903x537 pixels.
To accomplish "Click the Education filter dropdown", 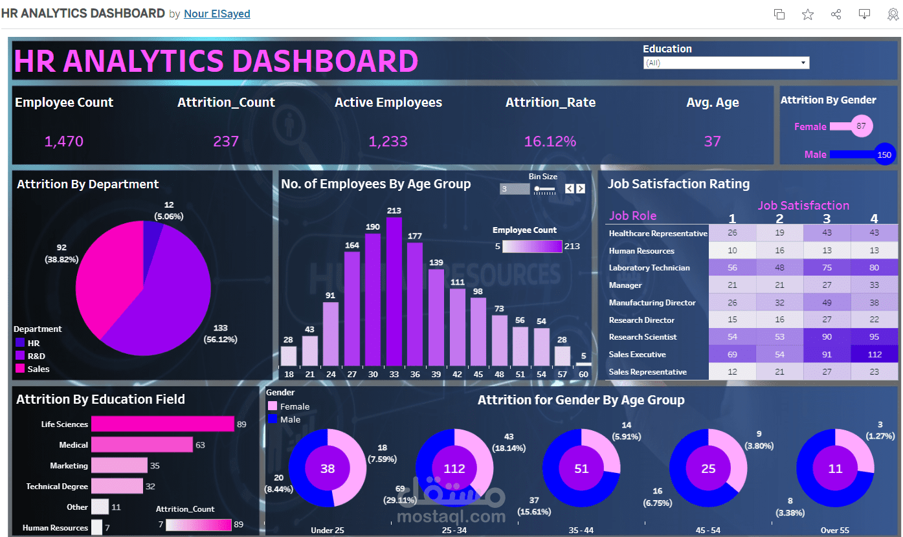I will click(x=726, y=63).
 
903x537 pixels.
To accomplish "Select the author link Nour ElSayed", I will click(x=217, y=14).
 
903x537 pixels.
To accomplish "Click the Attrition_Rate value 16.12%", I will click(x=550, y=141).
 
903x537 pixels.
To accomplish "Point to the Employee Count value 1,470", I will click(x=63, y=141).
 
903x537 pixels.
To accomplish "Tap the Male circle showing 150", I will click(x=884, y=155).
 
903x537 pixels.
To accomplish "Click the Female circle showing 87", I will click(x=861, y=126).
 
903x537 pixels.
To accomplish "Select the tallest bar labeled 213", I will click(x=394, y=291).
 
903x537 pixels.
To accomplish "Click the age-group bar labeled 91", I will click(x=330, y=334).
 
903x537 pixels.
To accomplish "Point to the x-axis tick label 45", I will click(x=478, y=374).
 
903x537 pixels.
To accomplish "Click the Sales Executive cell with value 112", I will click(x=875, y=355).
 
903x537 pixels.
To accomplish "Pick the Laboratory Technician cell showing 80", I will click(x=875, y=268).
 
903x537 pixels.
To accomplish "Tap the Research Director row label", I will click(x=641, y=320).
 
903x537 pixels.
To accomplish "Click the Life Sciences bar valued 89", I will click(x=162, y=424).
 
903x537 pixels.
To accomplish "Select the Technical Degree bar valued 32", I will click(x=117, y=486).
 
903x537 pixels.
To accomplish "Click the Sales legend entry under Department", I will click(x=38, y=369).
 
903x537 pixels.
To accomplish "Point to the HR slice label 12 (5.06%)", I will click(x=168, y=210).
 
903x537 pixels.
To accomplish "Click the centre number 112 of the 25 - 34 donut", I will click(x=454, y=468).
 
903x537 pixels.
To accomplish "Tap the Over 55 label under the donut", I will click(x=834, y=531).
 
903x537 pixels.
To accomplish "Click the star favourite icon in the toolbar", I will click(x=808, y=14).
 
